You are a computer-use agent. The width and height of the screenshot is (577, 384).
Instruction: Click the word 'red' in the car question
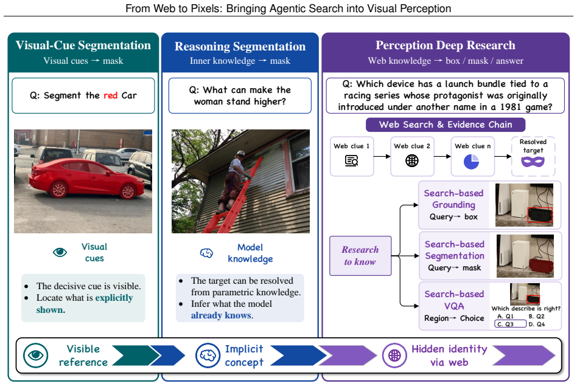[x=110, y=95]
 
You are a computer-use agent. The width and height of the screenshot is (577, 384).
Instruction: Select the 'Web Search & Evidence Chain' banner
[x=446, y=125]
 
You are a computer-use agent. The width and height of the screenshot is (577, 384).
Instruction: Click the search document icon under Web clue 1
[x=351, y=161]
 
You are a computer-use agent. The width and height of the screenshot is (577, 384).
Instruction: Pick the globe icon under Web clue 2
[x=412, y=160]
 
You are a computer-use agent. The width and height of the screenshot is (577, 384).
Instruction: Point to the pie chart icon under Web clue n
[x=471, y=162]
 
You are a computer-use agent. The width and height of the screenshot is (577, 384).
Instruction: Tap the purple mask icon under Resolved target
[x=533, y=162]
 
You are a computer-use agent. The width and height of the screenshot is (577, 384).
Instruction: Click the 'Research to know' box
[x=360, y=256]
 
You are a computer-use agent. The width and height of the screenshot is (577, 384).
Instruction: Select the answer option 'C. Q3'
[x=511, y=324]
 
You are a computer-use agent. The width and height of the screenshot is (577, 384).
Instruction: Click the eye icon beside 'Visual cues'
[x=60, y=252]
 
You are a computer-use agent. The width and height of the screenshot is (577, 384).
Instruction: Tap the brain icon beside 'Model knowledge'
[x=206, y=253]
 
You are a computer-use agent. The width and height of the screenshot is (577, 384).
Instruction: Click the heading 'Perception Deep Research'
[x=446, y=45]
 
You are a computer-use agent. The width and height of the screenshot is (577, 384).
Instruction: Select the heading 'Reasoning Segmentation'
[x=240, y=46]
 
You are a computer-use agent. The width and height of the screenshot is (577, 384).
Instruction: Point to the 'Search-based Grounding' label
[x=453, y=199]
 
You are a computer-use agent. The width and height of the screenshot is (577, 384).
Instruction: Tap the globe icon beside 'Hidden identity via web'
[x=394, y=355]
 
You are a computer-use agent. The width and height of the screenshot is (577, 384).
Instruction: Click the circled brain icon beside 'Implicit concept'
[x=208, y=355]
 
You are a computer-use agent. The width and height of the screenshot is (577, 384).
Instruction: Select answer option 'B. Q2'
[x=536, y=317]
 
